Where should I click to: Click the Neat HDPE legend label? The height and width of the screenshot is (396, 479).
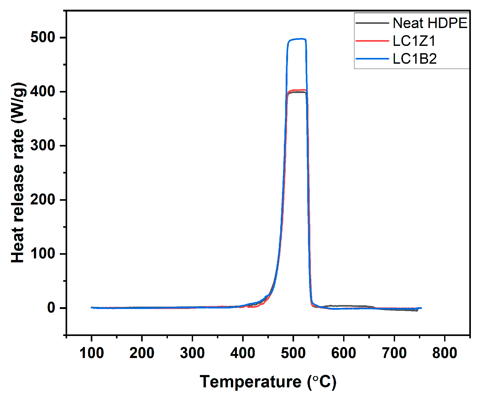click(430, 23)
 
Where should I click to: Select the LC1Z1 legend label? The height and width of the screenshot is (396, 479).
click(414, 41)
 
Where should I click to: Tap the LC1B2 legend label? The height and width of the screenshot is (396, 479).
click(415, 59)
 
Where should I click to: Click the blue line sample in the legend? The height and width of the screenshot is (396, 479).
click(372, 59)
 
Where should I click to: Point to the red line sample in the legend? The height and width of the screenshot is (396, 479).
click(372, 41)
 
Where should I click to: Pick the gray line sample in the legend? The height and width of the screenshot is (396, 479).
click(372, 23)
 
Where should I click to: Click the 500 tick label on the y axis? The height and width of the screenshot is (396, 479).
click(43, 37)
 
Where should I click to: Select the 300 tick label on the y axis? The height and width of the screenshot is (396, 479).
click(43, 145)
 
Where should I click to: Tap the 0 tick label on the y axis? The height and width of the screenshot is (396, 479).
click(51, 308)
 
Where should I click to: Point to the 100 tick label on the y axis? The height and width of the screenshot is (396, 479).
click(43, 254)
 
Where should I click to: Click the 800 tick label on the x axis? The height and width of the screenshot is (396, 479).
click(445, 353)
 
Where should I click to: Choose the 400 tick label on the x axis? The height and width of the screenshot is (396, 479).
click(243, 353)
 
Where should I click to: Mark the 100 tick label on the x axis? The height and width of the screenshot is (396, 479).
click(91, 353)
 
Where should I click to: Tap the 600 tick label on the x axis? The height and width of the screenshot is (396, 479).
click(344, 353)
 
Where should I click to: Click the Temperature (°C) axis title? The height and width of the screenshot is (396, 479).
click(268, 382)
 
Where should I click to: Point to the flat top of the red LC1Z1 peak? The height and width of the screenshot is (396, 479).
click(298, 90)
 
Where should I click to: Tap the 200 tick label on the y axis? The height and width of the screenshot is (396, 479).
click(43, 200)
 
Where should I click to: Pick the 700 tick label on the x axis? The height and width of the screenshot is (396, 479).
click(394, 353)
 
